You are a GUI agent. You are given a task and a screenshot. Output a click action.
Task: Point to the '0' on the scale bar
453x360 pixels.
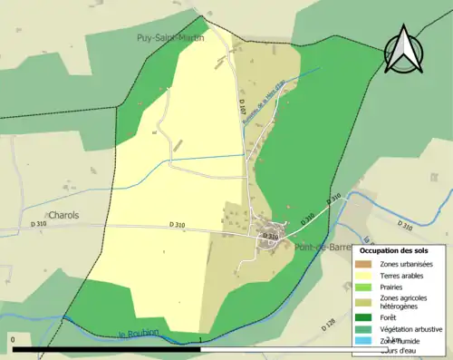tap(14, 340)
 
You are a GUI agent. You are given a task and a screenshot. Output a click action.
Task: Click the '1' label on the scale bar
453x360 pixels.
tap(199, 340)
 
